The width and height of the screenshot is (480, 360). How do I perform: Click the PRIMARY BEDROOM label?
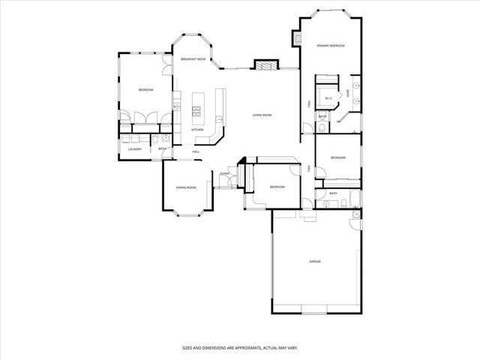(330, 46)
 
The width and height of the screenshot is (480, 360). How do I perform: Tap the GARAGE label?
(315, 262)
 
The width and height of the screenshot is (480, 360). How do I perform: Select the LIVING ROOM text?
(262, 115)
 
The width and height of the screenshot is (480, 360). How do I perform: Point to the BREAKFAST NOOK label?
(193, 58)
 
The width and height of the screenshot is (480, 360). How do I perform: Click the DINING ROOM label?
(186, 187)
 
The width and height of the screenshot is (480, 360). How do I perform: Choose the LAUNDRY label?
(135, 149)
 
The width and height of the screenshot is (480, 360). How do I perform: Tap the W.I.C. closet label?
(328, 98)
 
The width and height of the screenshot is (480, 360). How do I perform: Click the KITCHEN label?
(198, 130)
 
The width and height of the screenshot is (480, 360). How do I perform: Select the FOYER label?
(224, 174)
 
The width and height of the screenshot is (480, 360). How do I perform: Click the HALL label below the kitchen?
(196, 152)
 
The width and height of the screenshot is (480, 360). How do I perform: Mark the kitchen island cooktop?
(197, 112)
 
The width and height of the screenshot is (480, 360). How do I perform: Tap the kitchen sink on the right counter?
(220, 118)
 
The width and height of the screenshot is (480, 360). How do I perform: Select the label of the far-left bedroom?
(145, 90)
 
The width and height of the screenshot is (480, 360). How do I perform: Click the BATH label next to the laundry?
(162, 148)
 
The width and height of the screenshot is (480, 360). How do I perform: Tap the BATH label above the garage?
(333, 193)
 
